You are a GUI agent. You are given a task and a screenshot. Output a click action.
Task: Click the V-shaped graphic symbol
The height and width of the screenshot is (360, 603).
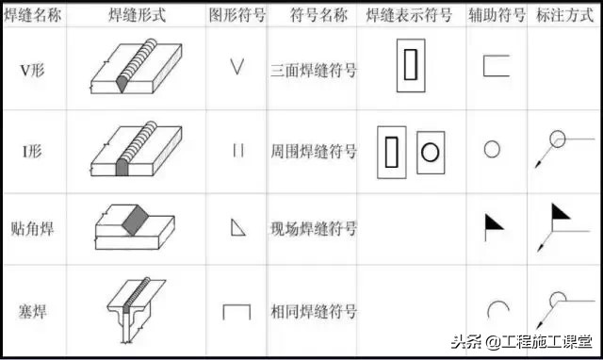[x=236, y=68]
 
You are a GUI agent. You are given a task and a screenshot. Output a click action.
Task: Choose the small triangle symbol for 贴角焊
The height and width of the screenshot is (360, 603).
[x=237, y=227]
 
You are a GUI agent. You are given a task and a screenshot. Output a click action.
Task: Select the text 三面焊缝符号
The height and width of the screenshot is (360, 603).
[x=313, y=69]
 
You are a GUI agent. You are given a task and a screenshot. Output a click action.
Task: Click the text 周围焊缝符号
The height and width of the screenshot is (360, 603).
[x=313, y=151]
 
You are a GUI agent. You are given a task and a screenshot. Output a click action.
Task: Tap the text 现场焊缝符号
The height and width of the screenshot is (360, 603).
[x=313, y=228]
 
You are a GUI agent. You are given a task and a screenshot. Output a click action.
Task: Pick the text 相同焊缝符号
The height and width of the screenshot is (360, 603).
[x=313, y=311]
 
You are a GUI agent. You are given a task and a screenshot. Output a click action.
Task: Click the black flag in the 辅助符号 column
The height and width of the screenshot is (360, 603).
[x=493, y=222]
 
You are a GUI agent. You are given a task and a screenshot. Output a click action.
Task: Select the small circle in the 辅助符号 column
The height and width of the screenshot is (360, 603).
[x=491, y=149]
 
